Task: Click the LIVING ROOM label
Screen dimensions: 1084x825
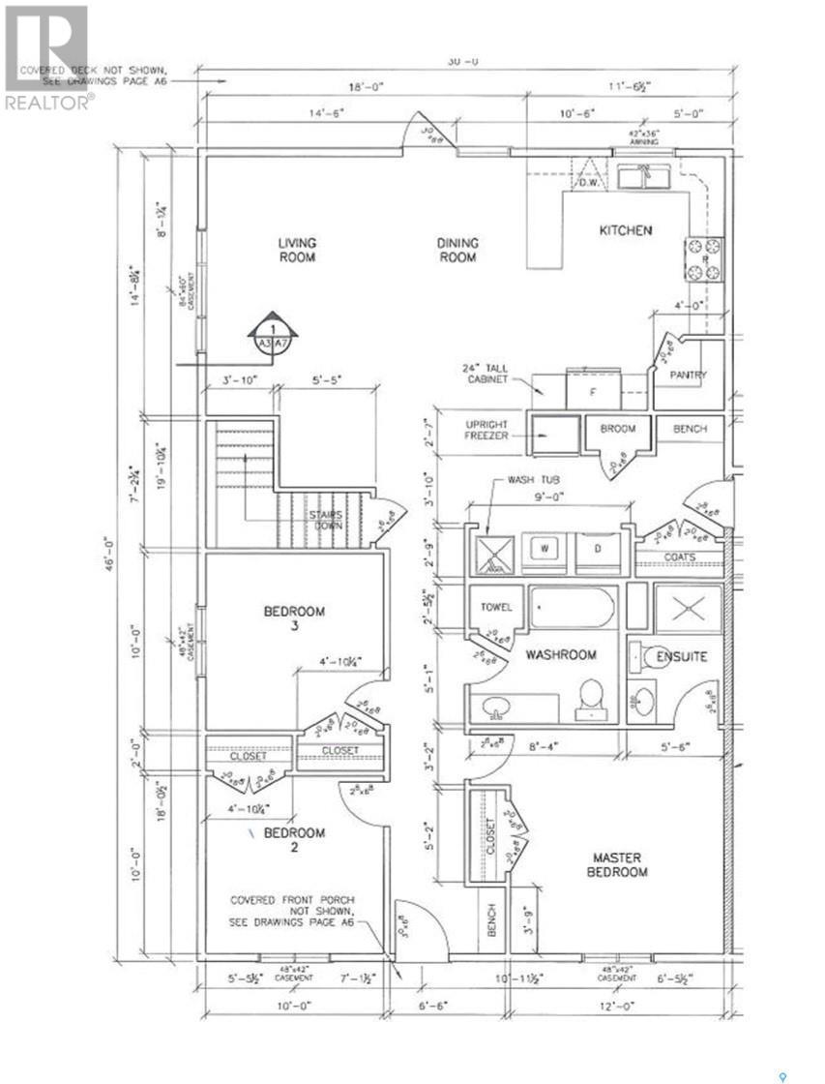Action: (x=297, y=250)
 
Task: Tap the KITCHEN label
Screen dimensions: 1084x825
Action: (x=626, y=230)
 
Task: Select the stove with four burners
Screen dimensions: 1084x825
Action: (x=704, y=258)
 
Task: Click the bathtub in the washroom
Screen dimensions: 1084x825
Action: (x=572, y=608)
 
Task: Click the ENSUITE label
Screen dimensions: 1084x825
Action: (x=683, y=657)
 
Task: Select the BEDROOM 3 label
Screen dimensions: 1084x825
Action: (x=294, y=618)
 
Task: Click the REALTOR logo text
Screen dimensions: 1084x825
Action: (x=48, y=102)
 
